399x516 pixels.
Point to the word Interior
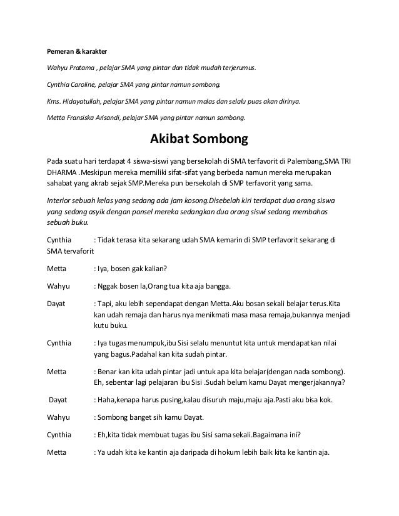(60, 202)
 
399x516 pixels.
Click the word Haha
(105, 399)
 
